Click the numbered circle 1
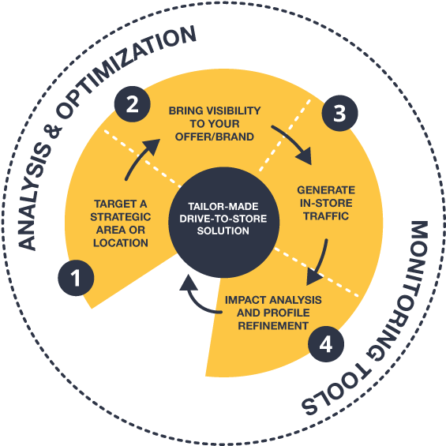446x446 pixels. tap(76, 278)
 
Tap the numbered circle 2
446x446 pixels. tap(133, 104)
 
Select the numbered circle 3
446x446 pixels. tap(339, 113)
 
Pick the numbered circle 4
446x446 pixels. tap(326, 344)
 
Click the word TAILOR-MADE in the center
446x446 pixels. tap(223, 206)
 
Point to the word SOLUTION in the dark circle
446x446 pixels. tap(223, 230)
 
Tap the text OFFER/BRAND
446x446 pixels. tap(215, 137)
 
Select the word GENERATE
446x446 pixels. tap(326, 189)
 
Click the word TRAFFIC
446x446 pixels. tap(326, 216)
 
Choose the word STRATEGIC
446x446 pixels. tap(121, 217)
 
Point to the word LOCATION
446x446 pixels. tap(121, 243)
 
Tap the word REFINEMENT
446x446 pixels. tap(273, 326)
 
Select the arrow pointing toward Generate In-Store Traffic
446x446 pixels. tap(294, 143)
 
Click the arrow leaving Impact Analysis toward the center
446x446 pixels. tap(196, 300)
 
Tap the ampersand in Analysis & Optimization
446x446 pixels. tap(53, 129)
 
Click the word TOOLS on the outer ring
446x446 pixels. tap(335, 391)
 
